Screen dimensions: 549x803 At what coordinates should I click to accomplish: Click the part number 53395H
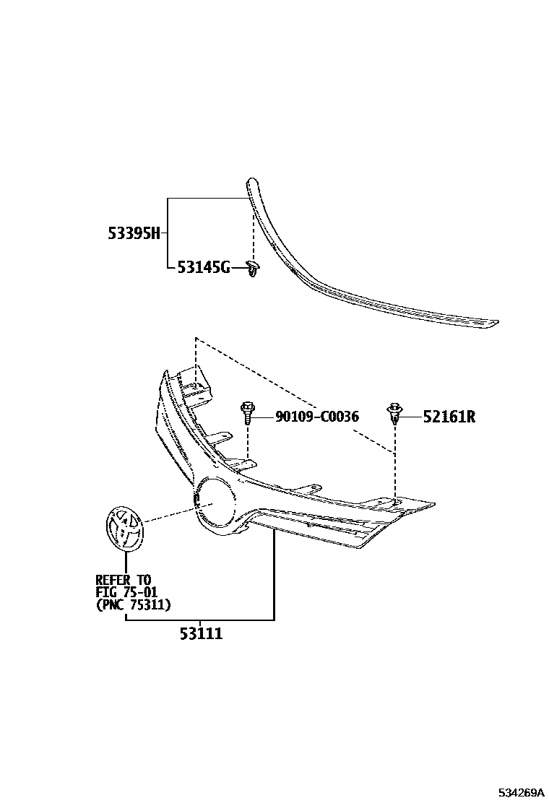point(134,233)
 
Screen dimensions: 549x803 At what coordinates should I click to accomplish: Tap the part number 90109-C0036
point(316,417)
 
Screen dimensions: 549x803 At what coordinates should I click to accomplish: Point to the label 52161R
point(449,417)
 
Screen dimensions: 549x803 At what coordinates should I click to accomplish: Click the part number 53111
point(201,634)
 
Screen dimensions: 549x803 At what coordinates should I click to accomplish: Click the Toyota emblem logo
point(125,529)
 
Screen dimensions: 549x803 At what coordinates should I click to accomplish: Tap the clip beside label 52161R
point(394,414)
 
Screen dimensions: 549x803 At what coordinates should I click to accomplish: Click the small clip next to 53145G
point(252,269)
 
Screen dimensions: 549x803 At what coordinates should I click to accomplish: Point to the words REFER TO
point(124,580)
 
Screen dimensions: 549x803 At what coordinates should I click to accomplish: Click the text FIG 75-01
point(126,592)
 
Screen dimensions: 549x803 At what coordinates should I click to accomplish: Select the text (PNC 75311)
point(133,605)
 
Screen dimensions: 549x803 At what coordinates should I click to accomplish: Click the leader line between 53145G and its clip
point(238,269)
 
